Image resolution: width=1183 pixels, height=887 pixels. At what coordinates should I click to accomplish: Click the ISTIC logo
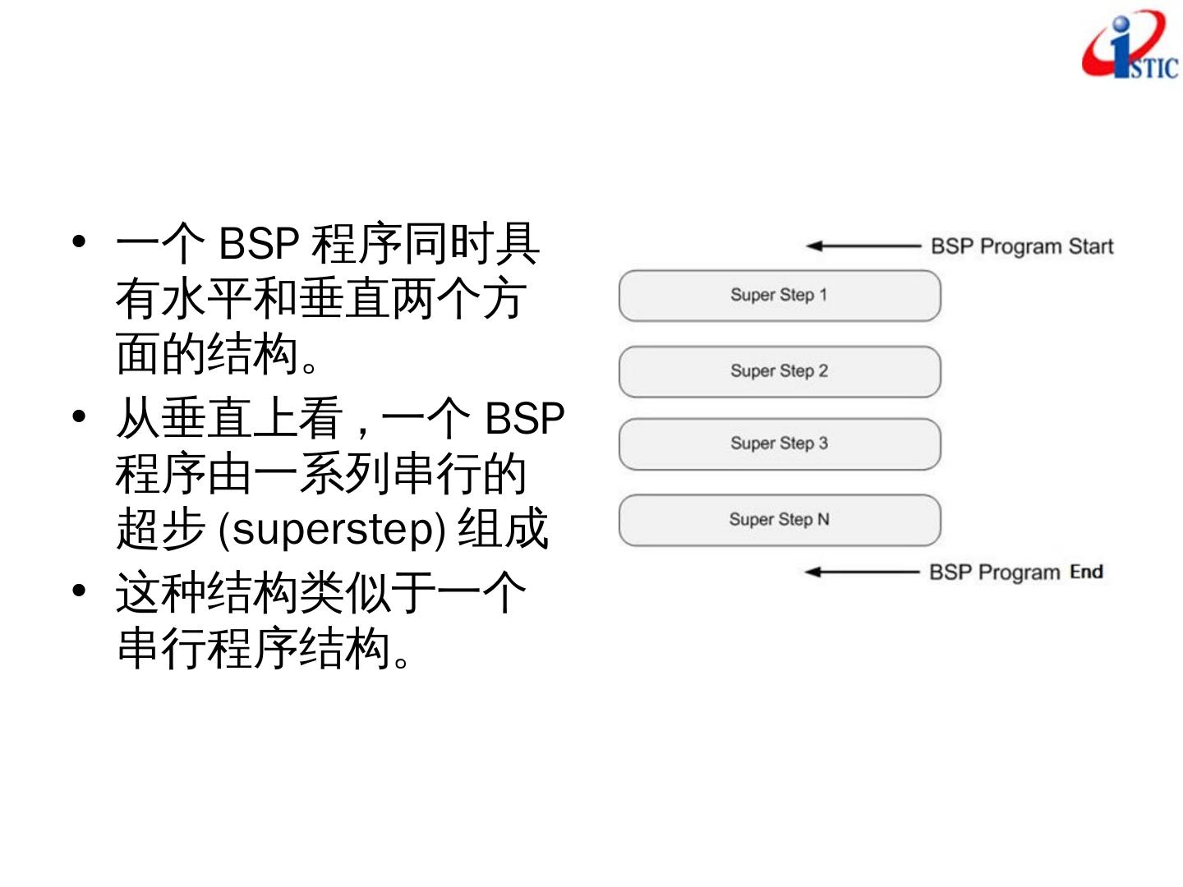click(1130, 48)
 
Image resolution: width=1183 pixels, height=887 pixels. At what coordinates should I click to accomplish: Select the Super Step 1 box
click(779, 296)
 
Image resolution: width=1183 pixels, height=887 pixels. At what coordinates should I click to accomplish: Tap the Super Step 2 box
click(779, 371)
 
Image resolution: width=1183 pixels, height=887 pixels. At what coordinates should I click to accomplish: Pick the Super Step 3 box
click(779, 444)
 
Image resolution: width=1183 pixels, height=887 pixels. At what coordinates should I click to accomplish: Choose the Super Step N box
click(779, 520)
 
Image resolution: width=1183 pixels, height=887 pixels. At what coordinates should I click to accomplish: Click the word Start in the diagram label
click(1090, 246)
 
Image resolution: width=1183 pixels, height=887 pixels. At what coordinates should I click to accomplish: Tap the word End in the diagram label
click(1086, 572)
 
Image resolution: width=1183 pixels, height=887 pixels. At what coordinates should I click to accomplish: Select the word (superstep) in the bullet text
click(332, 530)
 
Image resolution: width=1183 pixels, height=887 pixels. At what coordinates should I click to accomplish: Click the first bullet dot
click(79, 241)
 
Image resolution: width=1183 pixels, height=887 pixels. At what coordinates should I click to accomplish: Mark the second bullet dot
click(79, 416)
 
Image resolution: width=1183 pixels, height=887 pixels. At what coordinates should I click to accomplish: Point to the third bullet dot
click(79, 591)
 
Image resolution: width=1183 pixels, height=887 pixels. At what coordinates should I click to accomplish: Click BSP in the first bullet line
click(258, 243)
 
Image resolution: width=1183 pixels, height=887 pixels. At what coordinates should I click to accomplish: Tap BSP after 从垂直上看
click(524, 419)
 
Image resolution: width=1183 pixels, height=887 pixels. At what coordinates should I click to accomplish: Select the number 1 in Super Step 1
click(822, 295)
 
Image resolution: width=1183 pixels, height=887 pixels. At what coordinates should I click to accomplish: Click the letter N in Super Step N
click(823, 519)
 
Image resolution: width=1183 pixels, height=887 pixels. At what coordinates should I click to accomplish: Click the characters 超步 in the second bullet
click(160, 530)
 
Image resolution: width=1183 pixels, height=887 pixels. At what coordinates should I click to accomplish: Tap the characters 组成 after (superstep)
click(502, 530)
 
